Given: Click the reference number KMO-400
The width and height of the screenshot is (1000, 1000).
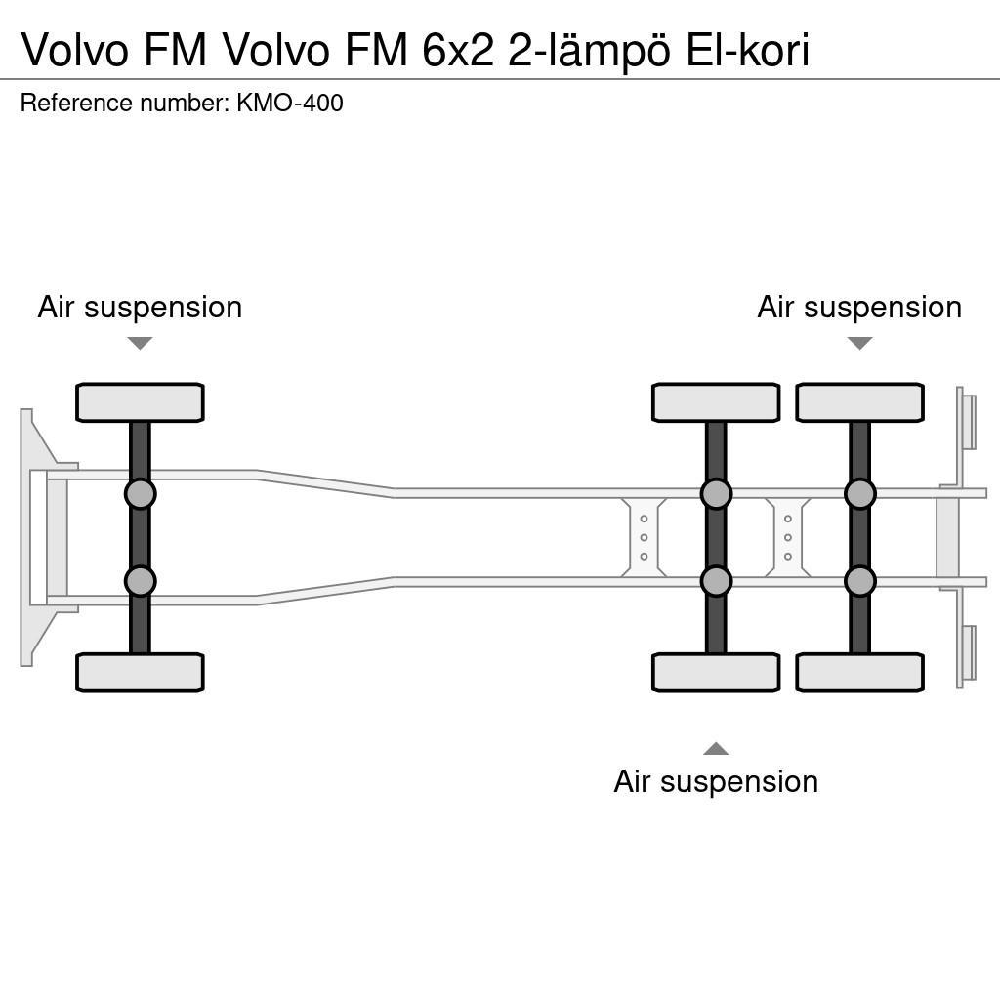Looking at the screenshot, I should pos(289,104).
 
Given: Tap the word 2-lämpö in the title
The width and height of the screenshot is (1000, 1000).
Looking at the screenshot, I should pos(589,51).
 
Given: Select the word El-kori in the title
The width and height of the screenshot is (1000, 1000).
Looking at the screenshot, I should pos(747,51).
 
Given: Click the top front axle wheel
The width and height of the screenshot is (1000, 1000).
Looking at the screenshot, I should pos(140,402).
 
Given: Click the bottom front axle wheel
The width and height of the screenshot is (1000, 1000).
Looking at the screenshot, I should pos(140,673).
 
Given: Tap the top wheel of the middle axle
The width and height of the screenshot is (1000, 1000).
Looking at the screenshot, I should pos(716,402).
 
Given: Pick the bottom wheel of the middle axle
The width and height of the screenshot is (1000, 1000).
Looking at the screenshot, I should pos(716,673).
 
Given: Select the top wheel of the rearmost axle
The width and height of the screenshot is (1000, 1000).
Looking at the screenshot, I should pos(859,402).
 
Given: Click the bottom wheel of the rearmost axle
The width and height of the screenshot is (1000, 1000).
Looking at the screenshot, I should pos(859,673).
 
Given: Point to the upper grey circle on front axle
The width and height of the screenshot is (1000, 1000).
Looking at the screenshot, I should pos(140,494).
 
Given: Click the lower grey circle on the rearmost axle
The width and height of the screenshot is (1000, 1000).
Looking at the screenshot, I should pos(859,581).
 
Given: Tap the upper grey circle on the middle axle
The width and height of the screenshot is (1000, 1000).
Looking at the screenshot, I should pos(716,494).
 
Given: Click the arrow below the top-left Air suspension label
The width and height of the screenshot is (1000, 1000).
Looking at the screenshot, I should pos(140,343).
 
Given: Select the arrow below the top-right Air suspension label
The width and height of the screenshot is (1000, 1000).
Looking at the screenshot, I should pos(859,343).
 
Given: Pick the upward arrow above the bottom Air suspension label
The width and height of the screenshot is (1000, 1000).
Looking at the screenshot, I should pos(716,749).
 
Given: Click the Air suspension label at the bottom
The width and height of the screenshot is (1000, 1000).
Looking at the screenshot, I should pos(716,781).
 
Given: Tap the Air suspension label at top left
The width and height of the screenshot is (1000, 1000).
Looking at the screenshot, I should pos(140,307).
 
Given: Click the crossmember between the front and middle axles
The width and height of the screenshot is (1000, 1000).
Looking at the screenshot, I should pos(644,537).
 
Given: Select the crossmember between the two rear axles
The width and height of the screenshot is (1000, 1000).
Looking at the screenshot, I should pos(787,537).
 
